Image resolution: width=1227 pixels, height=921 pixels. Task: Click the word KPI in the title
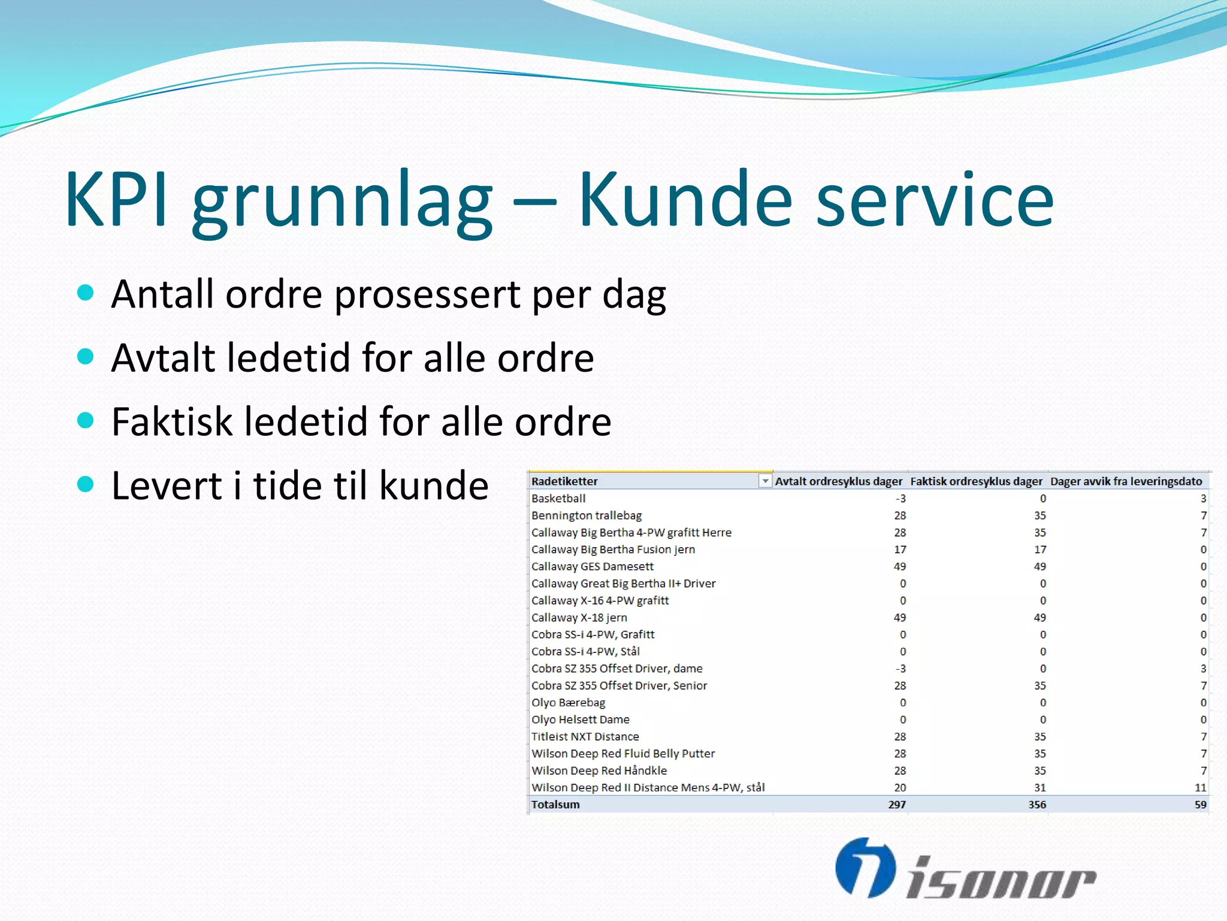[x=116, y=199]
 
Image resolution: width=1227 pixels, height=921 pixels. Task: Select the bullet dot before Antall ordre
[x=86, y=293]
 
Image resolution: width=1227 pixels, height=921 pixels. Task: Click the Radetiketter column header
[x=564, y=481]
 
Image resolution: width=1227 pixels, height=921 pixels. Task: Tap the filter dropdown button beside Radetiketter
[x=765, y=481]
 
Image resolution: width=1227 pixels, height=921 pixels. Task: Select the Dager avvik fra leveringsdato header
[x=1126, y=481]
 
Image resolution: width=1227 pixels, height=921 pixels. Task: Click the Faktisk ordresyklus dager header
[x=976, y=481]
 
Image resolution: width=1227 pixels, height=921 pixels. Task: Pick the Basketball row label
[x=558, y=498]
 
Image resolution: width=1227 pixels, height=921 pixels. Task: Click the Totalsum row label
[x=555, y=805]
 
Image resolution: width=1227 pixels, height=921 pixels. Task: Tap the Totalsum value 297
[x=897, y=805]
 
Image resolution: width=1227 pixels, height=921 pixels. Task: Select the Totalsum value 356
[x=1037, y=805]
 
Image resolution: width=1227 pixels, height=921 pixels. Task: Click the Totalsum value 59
[x=1200, y=805]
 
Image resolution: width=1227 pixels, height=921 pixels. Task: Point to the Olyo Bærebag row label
[x=568, y=703]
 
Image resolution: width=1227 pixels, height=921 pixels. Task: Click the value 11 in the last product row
[x=1200, y=788]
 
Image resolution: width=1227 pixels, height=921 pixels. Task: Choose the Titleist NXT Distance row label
[x=585, y=736]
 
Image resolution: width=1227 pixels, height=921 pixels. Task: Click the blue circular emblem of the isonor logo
[x=865, y=868]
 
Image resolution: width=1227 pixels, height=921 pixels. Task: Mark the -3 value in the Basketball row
[x=900, y=498]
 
